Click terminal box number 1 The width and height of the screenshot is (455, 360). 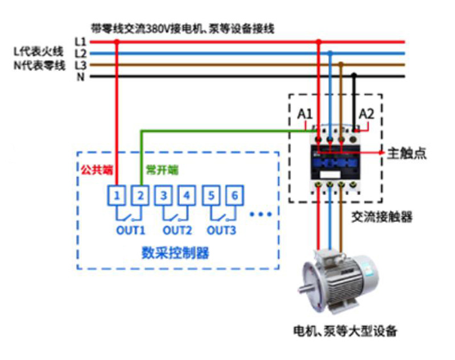116,196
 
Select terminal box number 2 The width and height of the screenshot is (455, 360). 140,196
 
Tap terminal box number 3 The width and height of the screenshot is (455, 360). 164,196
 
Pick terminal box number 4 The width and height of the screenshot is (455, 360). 187,196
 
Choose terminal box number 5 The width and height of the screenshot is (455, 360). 211,196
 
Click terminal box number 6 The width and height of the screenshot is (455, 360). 234,196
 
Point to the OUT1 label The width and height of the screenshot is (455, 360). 131,231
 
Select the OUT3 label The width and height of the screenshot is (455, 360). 221,231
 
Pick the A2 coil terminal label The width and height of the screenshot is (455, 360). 366,114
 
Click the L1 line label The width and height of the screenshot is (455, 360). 80,42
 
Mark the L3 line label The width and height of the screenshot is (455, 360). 80,65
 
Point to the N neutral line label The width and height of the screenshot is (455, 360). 80,76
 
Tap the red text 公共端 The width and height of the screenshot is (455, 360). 96,169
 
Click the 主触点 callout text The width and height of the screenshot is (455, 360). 407,153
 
